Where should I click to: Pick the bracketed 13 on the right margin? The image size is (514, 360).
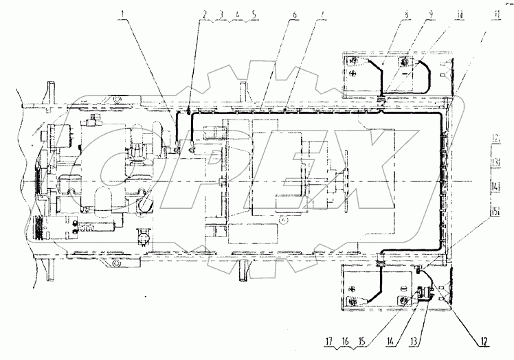(x=495, y=162)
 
